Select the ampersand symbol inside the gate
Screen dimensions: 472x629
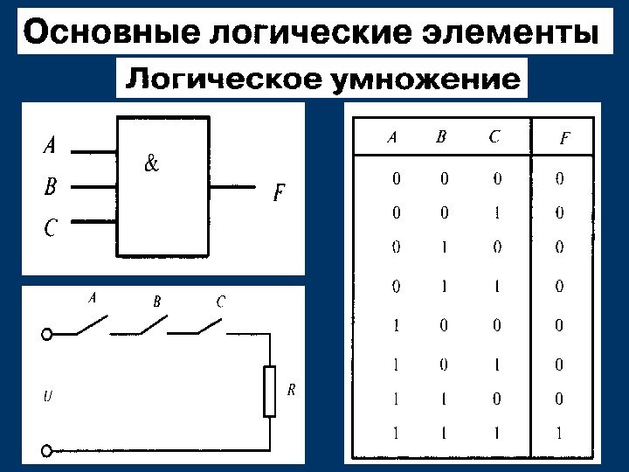pyautogui.click(x=150, y=163)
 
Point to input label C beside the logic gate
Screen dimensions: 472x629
pyautogui.click(x=50, y=228)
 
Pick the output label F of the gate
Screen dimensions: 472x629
pyautogui.click(x=279, y=193)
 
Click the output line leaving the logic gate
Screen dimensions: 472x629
pyautogui.click(x=234, y=186)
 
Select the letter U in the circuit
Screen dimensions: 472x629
pyautogui.click(x=48, y=396)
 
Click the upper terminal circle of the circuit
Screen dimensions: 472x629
pyautogui.click(x=47, y=333)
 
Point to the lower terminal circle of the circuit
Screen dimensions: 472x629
pyautogui.click(x=47, y=452)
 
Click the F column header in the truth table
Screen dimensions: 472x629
pyautogui.click(x=564, y=138)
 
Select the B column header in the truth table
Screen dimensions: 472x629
pyautogui.click(x=441, y=136)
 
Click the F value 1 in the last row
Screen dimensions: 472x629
pyautogui.click(x=559, y=433)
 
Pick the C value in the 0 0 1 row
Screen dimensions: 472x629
pyautogui.click(x=496, y=212)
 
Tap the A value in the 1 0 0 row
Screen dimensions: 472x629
pyautogui.click(x=397, y=326)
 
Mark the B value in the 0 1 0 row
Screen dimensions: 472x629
pyautogui.click(x=444, y=247)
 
